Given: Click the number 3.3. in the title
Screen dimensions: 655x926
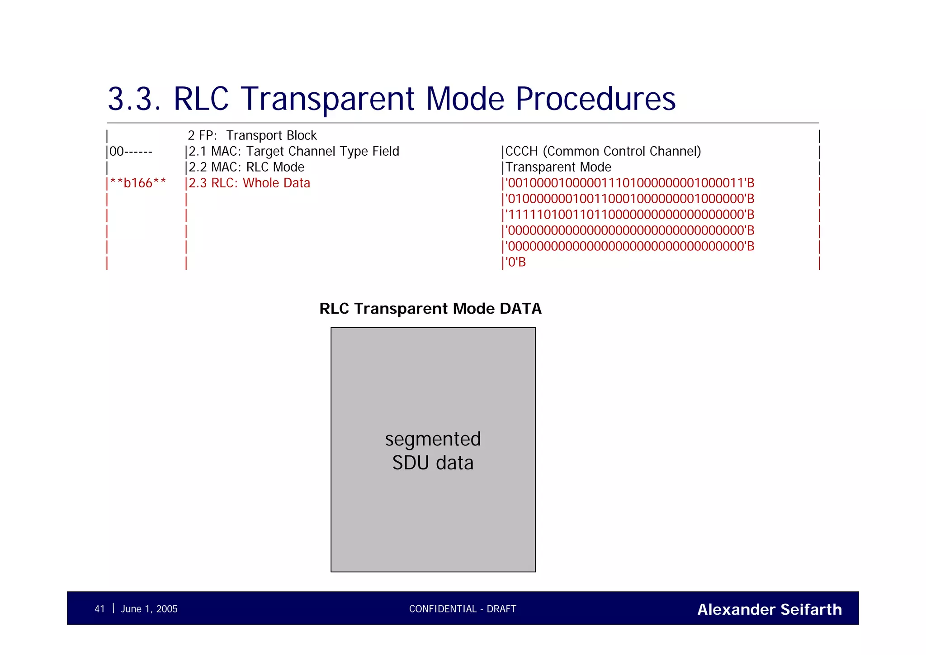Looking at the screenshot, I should tap(134, 99).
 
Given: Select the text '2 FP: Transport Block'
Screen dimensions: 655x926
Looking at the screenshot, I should tap(252, 135).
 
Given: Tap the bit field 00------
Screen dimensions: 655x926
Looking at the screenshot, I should tap(131, 151).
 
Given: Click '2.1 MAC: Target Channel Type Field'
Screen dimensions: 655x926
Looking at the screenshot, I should tap(294, 151).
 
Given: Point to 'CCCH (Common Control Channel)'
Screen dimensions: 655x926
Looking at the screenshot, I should tap(603, 151).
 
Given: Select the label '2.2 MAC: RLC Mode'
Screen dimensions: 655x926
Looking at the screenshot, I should tap(246, 167).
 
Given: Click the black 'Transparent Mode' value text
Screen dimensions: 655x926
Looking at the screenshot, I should tap(558, 167).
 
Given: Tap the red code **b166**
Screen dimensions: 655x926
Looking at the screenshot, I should tap(138, 183).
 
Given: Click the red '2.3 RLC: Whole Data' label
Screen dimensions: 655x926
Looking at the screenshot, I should tap(250, 183).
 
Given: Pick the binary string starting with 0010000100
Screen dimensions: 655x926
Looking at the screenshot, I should tap(630, 183).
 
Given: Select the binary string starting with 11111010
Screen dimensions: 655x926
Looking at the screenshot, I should tap(630, 215).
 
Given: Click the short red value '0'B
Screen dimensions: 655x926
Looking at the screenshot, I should tap(516, 262).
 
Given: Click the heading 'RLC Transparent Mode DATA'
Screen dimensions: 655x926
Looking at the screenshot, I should tap(430, 309).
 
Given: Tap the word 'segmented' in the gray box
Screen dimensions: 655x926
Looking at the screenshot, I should tap(433, 439).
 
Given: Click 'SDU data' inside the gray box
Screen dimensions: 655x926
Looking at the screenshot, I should tap(433, 463).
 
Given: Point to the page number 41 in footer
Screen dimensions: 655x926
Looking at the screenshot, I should tap(99, 609).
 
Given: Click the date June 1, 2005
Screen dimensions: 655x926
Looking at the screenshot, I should tap(149, 609).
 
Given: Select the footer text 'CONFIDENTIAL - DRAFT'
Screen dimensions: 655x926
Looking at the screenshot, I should tap(463, 609).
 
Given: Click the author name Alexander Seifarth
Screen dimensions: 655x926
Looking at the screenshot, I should tap(770, 609).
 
